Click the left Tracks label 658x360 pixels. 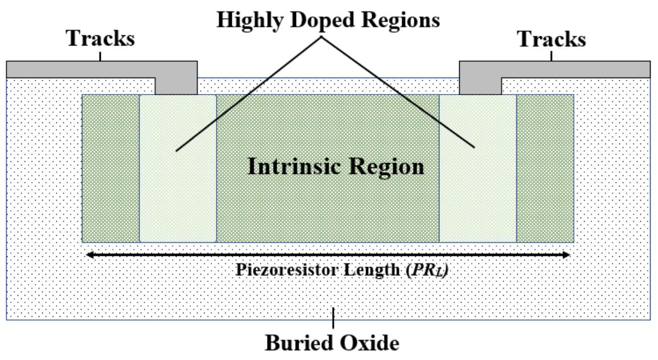(101, 39)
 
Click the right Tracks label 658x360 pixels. (551, 39)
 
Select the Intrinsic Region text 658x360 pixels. (336, 167)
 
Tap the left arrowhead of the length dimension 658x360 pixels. (88, 255)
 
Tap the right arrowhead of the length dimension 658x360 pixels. (566, 255)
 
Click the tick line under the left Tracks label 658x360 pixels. (101, 56)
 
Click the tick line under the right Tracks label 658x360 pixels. (551, 56)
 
